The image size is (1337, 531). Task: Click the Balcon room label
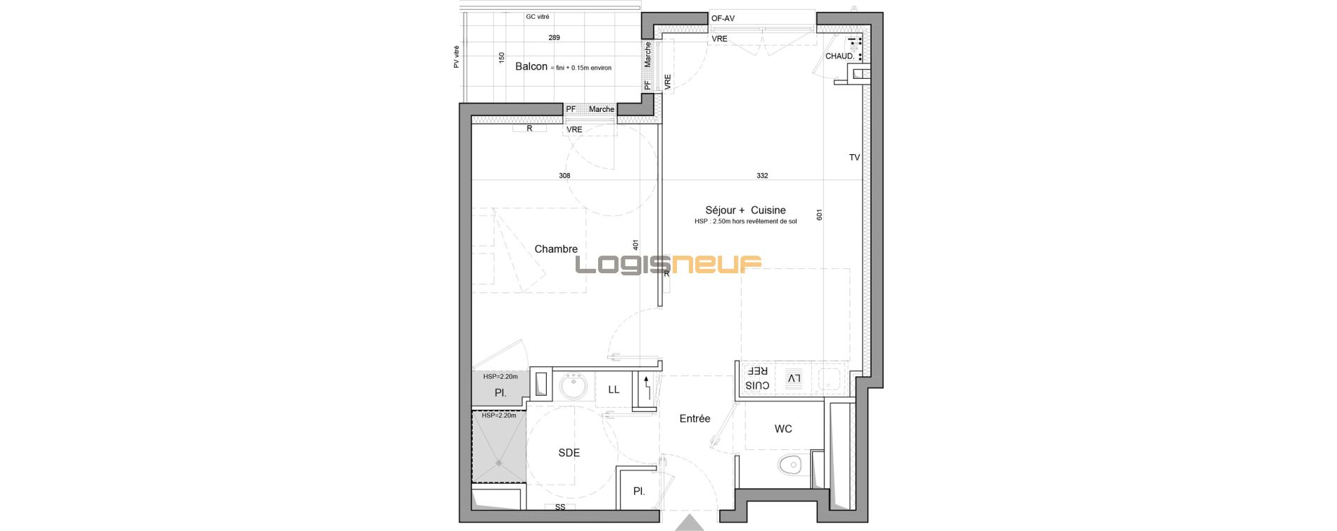(x=531, y=67)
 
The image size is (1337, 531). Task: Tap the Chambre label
(x=556, y=249)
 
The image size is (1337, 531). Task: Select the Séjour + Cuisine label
(x=745, y=210)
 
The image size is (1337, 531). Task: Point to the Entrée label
(x=695, y=418)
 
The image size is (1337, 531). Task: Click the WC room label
(x=783, y=429)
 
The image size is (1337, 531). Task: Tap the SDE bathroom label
(x=569, y=453)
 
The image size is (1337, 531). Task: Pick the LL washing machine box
(x=614, y=389)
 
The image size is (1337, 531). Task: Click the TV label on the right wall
(x=854, y=158)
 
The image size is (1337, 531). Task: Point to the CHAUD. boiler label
(x=839, y=56)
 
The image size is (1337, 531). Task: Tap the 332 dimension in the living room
(x=762, y=176)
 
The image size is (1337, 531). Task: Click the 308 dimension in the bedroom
(x=564, y=176)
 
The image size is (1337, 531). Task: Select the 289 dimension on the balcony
(x=555, y=38)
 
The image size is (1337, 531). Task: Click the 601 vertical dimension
(x=819, y=215)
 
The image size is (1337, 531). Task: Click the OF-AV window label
(x=723, y=19)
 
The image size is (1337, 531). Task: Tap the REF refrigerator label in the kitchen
(x=757, y=370)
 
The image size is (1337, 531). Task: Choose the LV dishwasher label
(x=794, y=379)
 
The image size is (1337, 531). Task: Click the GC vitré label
(x=538, y=17)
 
